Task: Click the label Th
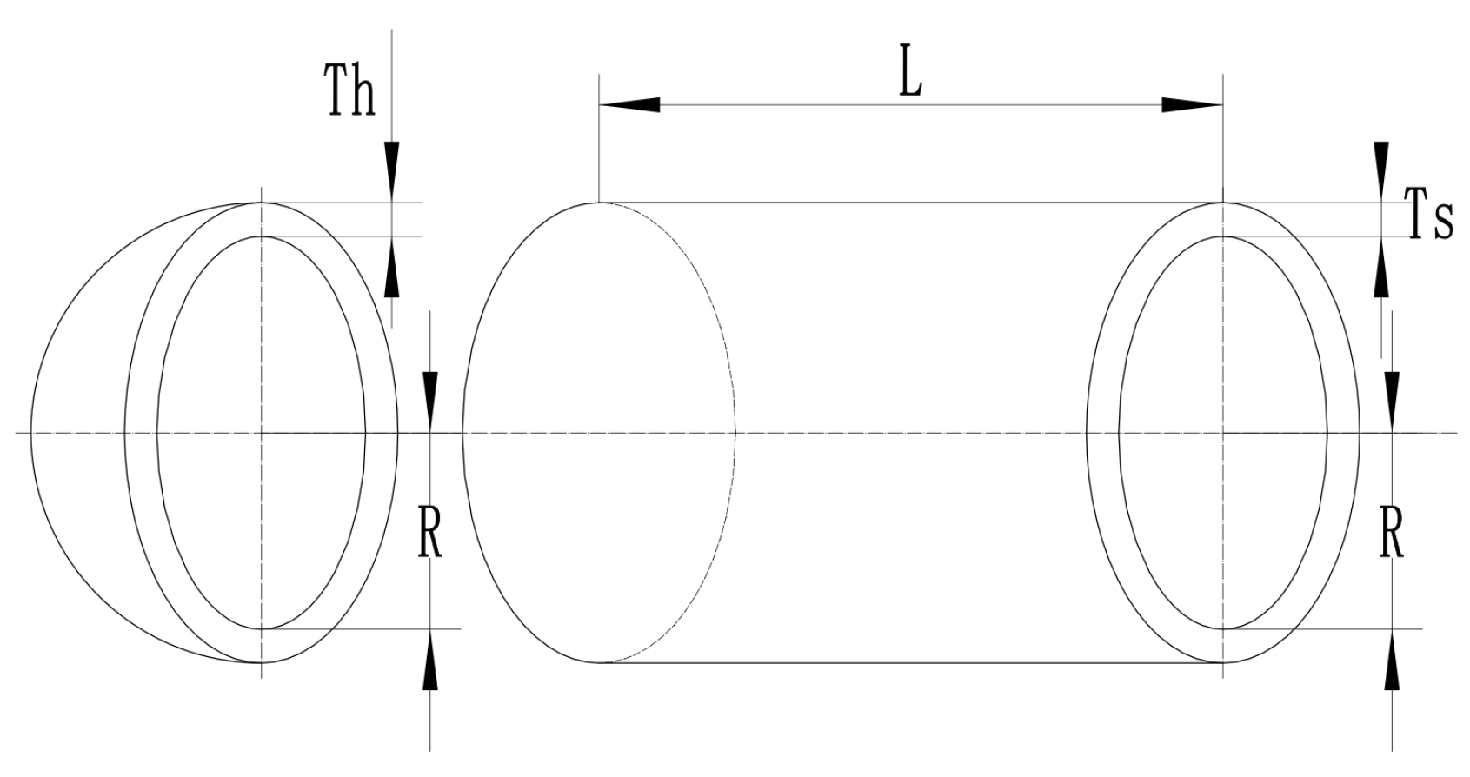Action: (350, 90)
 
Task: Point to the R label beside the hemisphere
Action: (430, 536)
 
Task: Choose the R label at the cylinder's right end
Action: (1392, 536)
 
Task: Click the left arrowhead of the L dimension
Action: (629, 105)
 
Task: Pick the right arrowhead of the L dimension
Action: (1193, 105)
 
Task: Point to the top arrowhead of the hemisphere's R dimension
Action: (430, 401)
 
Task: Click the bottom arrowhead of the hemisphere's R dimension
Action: (430, 660)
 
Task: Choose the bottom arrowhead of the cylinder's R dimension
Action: (1393, 660)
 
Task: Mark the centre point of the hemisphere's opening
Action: (261, 432)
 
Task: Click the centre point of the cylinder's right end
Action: (1223, 432)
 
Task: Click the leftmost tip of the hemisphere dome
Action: (32, 432)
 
